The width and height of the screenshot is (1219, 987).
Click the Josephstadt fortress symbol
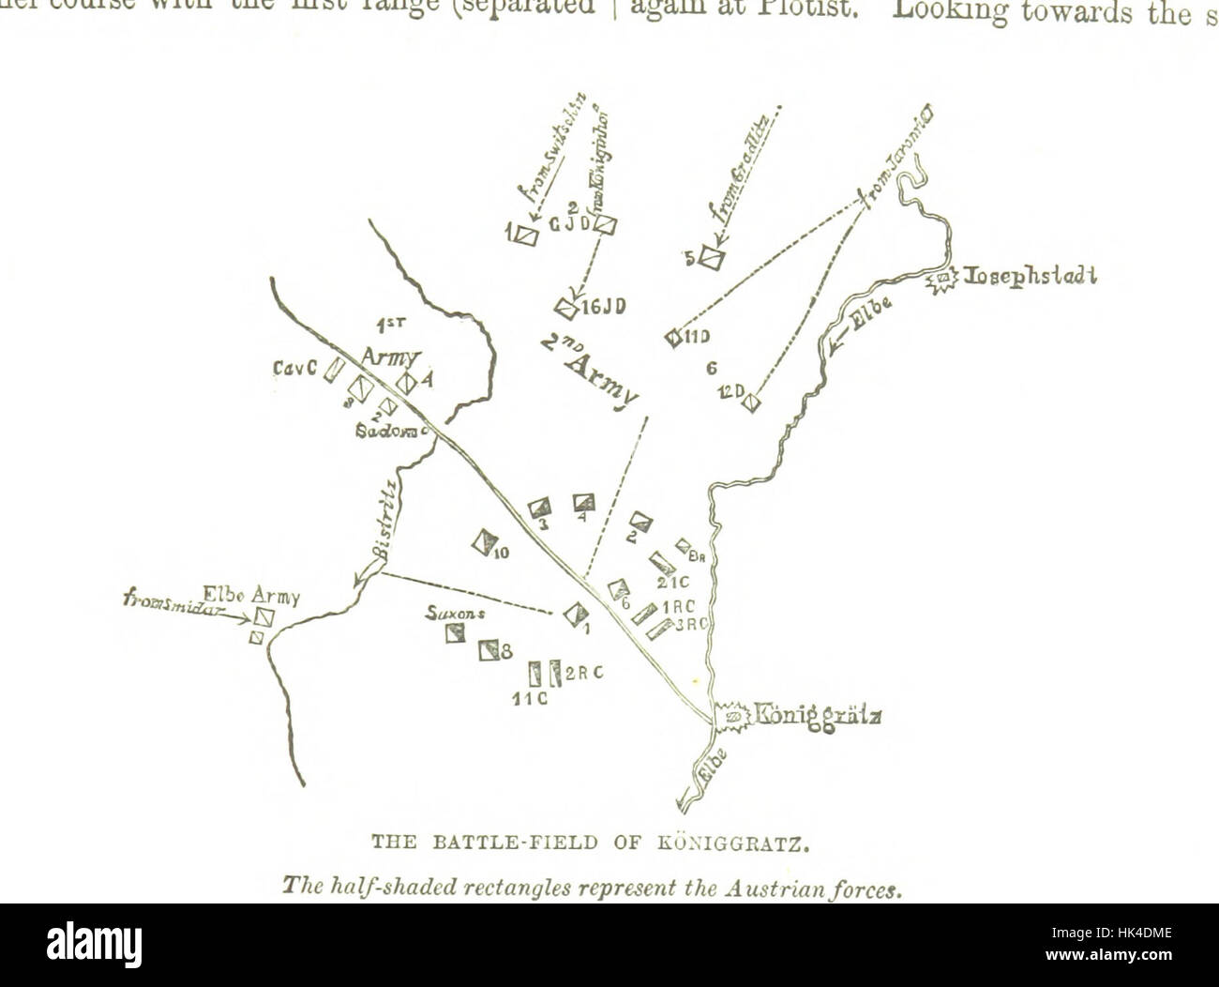pyautogui.click(x=941, y=279)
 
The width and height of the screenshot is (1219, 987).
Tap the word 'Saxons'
pyautogui.click(x=452, y=613)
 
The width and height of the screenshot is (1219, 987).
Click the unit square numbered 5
pyautogui.click(x=712, y=257)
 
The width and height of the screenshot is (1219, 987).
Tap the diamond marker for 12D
pyautogui.click(x=748, y=402)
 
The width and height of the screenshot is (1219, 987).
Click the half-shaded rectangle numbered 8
pyautogui.click(x=489, y=649)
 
